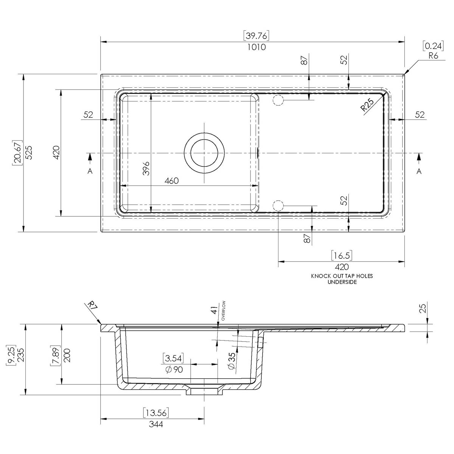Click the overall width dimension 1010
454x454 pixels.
click(x=257, y=47)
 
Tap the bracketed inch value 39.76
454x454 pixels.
click(x=257, y=36)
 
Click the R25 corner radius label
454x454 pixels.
click(x=367, y=105)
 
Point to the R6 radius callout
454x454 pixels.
click(x=433, y=56)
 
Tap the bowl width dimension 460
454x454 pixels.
click(x=171, y=181)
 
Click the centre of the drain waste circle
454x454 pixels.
click(x=204, y=153)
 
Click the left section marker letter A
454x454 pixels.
click(x=90, y=171)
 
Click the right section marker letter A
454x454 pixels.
click(x=419, y=171)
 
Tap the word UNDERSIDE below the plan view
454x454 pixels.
click(x=342, y=282)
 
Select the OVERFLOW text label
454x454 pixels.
click(x=224, y=311)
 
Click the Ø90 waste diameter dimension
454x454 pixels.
click(x=174, y=369)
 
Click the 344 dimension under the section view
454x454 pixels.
click(x=155, y=424)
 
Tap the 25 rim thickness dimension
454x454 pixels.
click(x=423, y=308)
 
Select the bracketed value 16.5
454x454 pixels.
click(x=342, y=255)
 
